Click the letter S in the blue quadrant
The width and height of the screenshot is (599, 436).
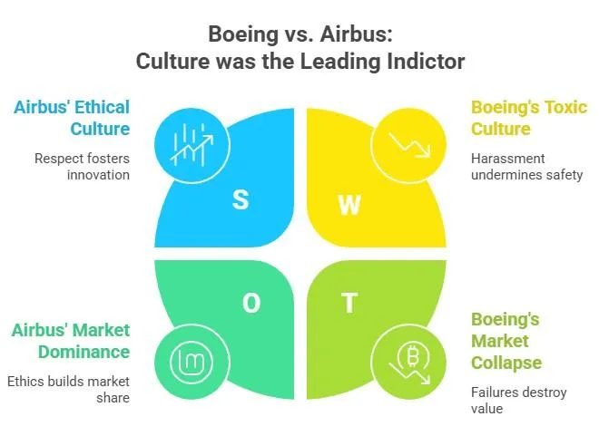click(x=241, y=199)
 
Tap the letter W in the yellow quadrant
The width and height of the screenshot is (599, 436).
click(x=349, y=205)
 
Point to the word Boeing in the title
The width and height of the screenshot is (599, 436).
click(x=241, y=34)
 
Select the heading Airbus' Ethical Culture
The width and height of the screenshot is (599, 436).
click(x=72, y=117)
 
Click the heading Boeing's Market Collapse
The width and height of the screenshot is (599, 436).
click(x=506, y=341)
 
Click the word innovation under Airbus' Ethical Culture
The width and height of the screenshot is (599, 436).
click(x=98, y=174)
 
